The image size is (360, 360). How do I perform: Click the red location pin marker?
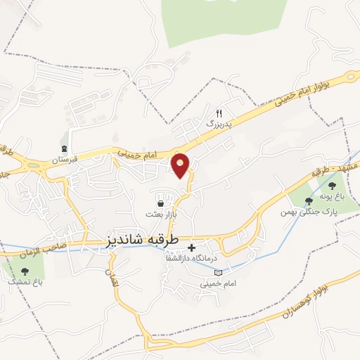(x=181, y=166)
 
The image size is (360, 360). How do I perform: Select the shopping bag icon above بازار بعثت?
(x=161, y=203)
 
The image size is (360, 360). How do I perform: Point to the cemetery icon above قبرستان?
(x=65, y=148)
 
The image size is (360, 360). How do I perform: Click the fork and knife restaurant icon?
(x=219, y=113)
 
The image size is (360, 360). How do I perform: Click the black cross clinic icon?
(x=191, y=247)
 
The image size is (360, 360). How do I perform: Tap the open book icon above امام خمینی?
(x=217, y=271)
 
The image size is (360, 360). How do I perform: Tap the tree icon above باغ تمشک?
(x=25, y=270)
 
